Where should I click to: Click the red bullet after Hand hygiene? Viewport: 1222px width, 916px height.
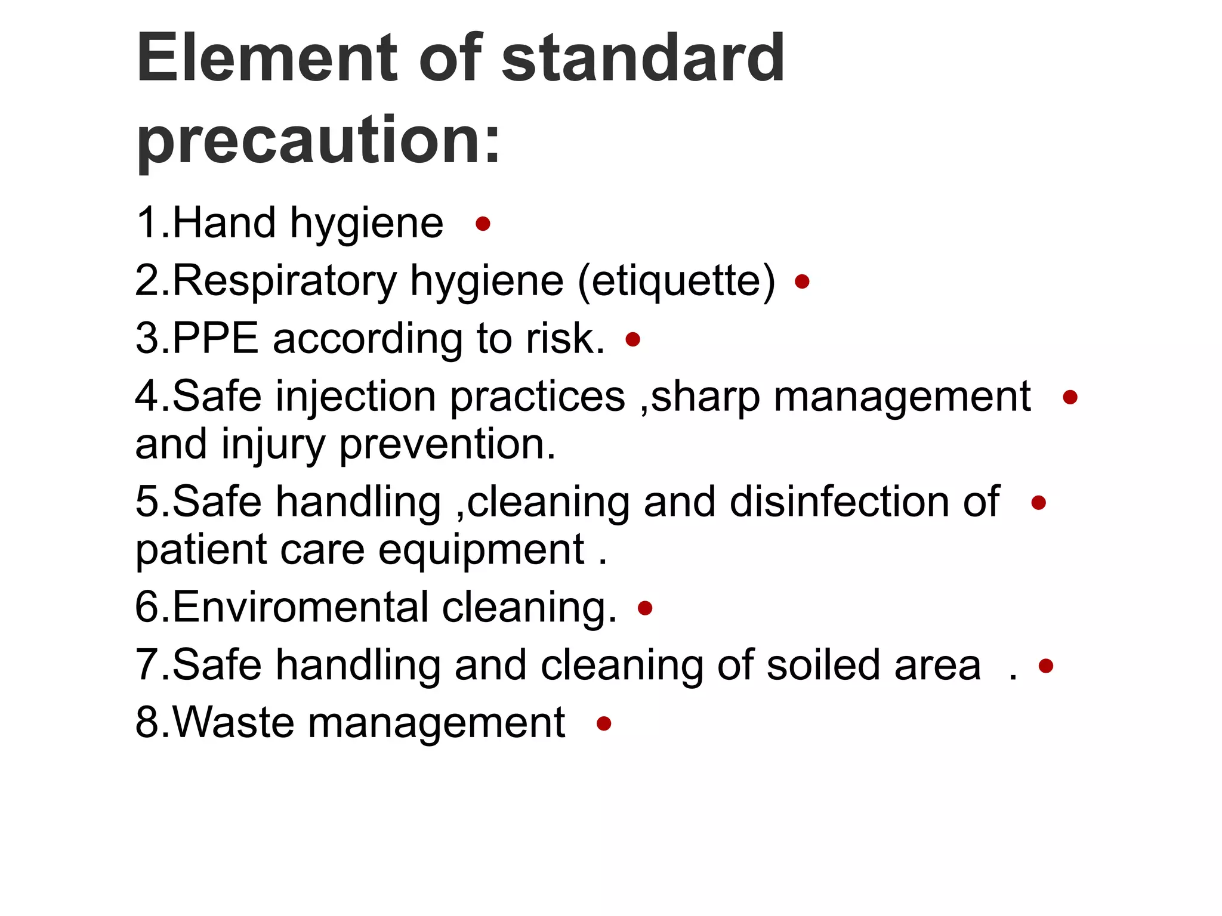[x=483, y=224]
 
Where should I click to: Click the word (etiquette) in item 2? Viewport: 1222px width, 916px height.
[x=677, y=280]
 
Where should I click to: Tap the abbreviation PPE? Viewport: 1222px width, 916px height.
[x=215, y=338]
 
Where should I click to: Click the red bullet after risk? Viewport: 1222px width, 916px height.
[x=632, y=340]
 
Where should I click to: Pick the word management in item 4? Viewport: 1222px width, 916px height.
[x=902, y=396]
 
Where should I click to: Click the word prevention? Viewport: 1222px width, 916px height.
[x=448, y=444]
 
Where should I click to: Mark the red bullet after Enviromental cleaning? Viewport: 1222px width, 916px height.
[x=645, y=608]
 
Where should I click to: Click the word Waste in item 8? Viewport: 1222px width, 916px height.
[x=233, y=722]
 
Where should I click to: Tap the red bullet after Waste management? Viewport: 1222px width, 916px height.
[x=604, y=724]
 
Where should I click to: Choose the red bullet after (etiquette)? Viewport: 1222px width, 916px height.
[x=802, y=281]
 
